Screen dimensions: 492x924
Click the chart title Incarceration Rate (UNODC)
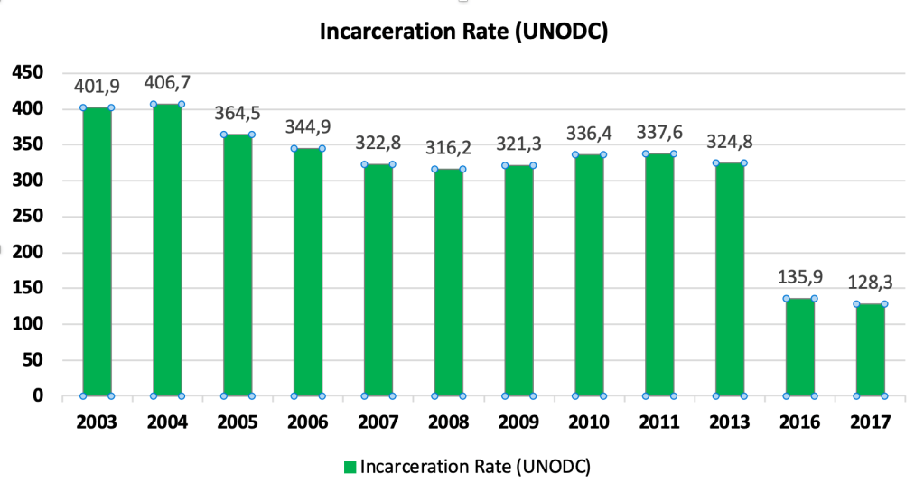[x=462, y=33]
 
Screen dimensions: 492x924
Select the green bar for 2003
[x=97, y=252]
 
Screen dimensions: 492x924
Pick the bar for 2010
[x=589, y=275]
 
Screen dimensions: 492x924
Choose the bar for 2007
[x=378, y=280]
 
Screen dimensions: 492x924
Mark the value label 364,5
[x=238, y=114]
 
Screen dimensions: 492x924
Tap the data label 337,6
[x=659, y=133]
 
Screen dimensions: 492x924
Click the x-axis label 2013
[x=729, y=422]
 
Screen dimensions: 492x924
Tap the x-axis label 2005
[x=238, y=422]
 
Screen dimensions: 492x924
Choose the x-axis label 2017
[x=871, y=422]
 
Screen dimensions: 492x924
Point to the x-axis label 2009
[x=518, y=422]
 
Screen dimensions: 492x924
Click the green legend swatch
[x=350, y=467]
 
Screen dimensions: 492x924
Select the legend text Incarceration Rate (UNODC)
[x=474, y=467]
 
